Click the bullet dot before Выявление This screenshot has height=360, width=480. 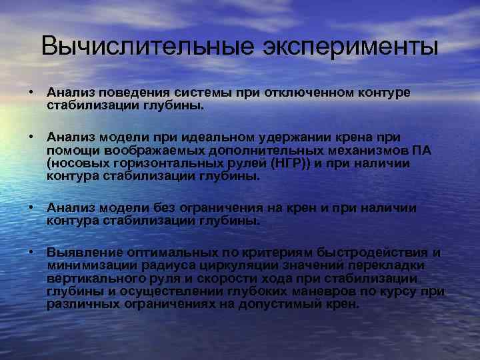[x=31, y=253]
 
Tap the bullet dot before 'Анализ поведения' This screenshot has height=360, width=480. [x=31, y=91]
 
